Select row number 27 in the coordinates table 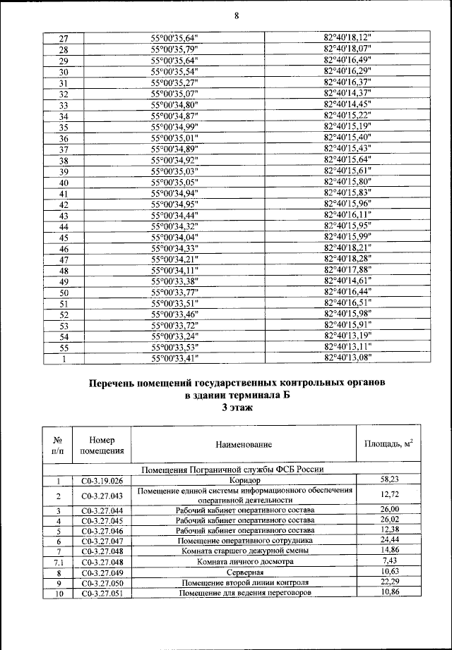[63, 38]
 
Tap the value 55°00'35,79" [174, 49]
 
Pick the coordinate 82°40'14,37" [347, 93]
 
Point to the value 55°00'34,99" [174, 127]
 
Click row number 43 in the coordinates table [63, 216]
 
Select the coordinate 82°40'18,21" [347, 248]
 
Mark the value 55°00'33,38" [174, 282]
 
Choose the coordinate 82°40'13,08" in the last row [347, 358]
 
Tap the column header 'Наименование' [244, 445]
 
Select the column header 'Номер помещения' [102, 445]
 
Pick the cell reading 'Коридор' [244, 481]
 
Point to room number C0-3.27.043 [102, 496]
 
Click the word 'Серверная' [244, 572]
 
